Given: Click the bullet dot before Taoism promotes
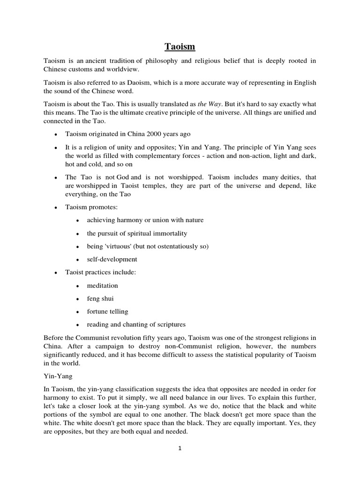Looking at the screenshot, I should pos(56,207).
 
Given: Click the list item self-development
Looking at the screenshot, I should pos(112,259).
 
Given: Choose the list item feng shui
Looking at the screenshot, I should pos(100,298).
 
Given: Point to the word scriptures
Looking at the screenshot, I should pos(167,324).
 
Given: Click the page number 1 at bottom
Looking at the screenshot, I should pos(180,448).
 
